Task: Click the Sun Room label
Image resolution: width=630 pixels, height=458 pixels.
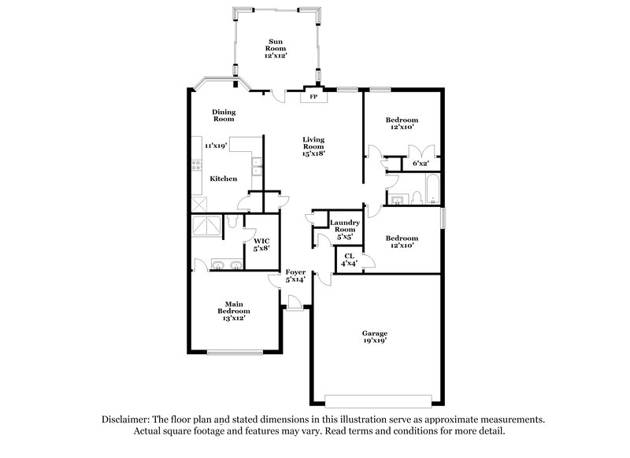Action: (276, 48)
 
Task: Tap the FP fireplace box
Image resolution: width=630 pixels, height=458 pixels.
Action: (313, 98)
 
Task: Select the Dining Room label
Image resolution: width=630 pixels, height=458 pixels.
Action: (224, 115)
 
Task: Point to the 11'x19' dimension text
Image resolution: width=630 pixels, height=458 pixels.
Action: (216, 146)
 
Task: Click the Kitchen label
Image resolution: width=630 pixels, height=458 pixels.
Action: (223, 179)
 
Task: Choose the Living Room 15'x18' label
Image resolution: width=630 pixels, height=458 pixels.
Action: (313, 147)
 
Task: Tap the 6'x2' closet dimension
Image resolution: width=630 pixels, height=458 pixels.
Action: (421, 164)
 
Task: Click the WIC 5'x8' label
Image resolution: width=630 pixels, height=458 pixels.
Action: (261, 244)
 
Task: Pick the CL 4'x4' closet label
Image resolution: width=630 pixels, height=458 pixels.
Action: (349, 259)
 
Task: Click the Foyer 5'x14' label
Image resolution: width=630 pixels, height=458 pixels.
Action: (295, 275)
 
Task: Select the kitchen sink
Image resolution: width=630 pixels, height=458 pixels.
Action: (258, 168)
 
